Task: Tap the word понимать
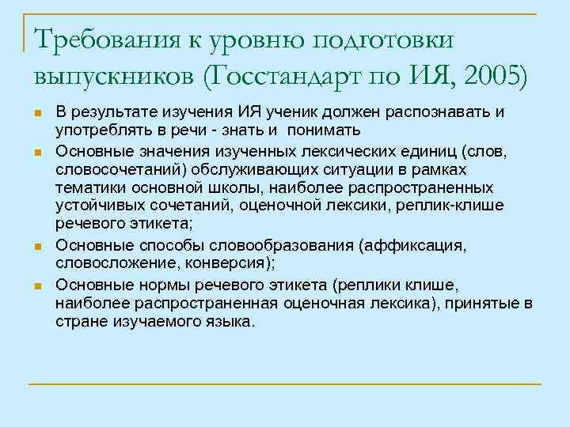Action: point(325,130)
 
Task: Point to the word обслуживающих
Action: point(243,171)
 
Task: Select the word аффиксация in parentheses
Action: point(418,247)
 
